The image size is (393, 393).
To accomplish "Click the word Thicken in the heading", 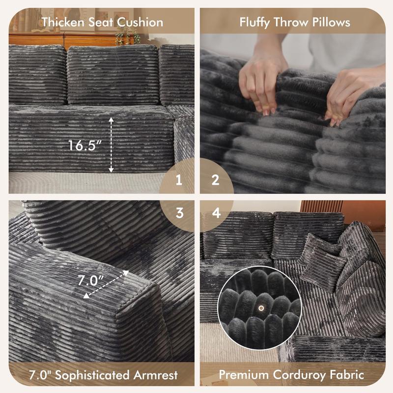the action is [x=63, y=22].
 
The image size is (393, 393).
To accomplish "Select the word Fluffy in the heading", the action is [x=254, y=22].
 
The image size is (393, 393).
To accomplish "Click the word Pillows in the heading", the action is [x=331, y=22].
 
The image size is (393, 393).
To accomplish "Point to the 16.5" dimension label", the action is [x=85, y=145].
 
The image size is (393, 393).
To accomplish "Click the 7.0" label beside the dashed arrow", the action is [x=91, y=280].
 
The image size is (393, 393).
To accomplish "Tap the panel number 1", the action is [x=179, y=180].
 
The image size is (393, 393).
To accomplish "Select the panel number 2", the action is [x=215, y=180].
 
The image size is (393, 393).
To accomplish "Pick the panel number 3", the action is [x=179, y=213].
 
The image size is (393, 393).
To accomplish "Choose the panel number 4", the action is [x=216, y=213].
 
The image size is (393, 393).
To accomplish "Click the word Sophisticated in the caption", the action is [x=91, y=375].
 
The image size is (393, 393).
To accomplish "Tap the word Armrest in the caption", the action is [x=155, y=375].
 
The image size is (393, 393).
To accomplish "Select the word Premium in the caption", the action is [x=243, y=375].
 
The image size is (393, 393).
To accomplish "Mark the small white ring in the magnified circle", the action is [x=261, y=308].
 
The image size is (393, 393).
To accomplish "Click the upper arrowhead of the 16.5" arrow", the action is [x=111, y=120].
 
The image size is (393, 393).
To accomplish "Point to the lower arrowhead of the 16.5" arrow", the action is [x=111, y=170].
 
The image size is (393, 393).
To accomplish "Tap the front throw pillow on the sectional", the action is [x=323, y=270].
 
